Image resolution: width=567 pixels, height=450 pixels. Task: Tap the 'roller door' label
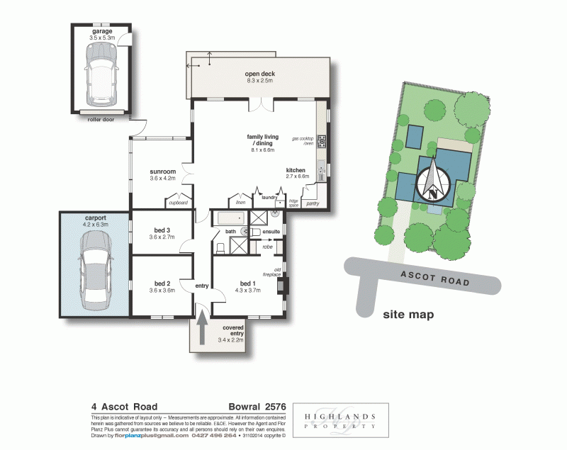tap(101, 120)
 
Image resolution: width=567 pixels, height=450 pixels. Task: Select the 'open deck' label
tap(259, 74)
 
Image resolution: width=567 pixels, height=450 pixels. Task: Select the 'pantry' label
tap(312, 203)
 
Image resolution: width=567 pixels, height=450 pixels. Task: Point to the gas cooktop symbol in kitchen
tap(321, 140)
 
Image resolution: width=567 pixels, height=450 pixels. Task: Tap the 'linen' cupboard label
tap(240, 202)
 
